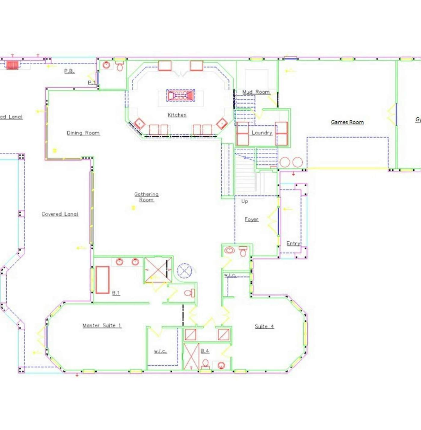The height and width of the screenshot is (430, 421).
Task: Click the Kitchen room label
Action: click(177, 115)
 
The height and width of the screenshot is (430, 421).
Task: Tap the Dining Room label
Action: click(83, 133)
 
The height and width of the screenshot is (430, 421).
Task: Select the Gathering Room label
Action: click(146, 197)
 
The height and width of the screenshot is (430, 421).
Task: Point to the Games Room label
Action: click(347, 122)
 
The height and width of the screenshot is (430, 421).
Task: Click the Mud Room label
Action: click(256, 92)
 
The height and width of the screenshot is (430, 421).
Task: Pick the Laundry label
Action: click(262, 133)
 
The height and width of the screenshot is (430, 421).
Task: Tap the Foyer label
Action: click(251, 220)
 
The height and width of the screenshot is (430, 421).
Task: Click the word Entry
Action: click(293, 243)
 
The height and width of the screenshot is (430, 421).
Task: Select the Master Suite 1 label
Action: click(102, 326)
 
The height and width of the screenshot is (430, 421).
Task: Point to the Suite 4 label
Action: click(264, 326)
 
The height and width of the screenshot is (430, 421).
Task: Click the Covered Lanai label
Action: click(60, 214)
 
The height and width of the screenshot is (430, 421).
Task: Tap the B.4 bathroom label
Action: click(205, 351)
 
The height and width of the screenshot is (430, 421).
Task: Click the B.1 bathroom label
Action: click(116, 293)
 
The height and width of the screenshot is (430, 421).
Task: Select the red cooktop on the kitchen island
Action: click(180, 95)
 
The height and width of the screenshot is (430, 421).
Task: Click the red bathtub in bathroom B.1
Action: click(103, 280)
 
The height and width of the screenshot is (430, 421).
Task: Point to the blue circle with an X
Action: click(184, 271)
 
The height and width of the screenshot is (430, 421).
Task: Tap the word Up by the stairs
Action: click(244, 201)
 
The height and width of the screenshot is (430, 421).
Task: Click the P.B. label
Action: click(69, 71)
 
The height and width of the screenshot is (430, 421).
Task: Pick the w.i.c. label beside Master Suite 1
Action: click(160, 351)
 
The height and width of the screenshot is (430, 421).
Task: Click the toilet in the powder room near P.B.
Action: click(120, 66)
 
